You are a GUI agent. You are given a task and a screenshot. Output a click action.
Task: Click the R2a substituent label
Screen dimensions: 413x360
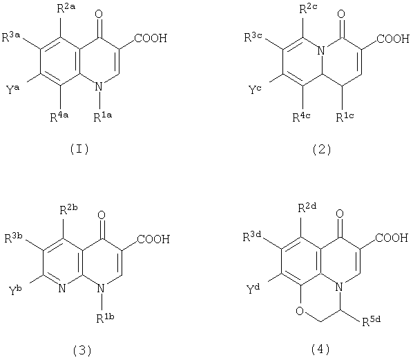tap(66, 9)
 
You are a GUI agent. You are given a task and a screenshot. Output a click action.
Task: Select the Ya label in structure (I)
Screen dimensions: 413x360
tap(12, 89)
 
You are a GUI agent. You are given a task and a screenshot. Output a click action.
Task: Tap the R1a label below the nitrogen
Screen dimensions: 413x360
tap(102, 116)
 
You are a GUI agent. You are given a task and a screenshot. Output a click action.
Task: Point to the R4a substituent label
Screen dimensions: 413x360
tap(59, 116)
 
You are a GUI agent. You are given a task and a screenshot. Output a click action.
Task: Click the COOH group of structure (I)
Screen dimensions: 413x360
tap(151, 38)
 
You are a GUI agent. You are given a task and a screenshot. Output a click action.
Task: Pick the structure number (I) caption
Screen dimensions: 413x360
tap(79, 149)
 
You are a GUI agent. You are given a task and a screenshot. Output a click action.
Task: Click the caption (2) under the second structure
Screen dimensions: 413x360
tap(322, 149)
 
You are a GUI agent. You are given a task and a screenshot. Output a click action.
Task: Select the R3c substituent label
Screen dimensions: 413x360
tap(253, 37)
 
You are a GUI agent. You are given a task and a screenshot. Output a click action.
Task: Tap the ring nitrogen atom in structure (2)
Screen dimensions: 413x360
tap(321, 50)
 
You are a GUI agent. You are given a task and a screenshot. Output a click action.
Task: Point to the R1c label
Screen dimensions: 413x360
tap(345, 116)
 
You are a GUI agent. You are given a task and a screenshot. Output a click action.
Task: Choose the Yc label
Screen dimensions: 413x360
tap(255, 89)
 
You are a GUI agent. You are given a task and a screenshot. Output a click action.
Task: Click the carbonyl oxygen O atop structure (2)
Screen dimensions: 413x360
tap(341, 14)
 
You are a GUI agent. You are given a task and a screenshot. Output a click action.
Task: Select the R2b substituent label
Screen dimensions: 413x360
tap(69, 209)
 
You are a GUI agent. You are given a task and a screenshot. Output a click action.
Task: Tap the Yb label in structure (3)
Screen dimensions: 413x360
tap(15, 290)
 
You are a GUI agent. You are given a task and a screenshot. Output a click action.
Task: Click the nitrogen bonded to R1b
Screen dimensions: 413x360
tap(101, 288)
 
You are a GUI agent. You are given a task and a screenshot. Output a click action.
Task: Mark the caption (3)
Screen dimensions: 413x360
tap(82, 350)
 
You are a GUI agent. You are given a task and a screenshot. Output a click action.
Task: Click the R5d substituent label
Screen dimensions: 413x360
tap(371, 321)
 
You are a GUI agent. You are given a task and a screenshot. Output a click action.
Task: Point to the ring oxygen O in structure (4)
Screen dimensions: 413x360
tap(300, 311)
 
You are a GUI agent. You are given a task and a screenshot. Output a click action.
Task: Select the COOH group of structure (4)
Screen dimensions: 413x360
tap(392, 238)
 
